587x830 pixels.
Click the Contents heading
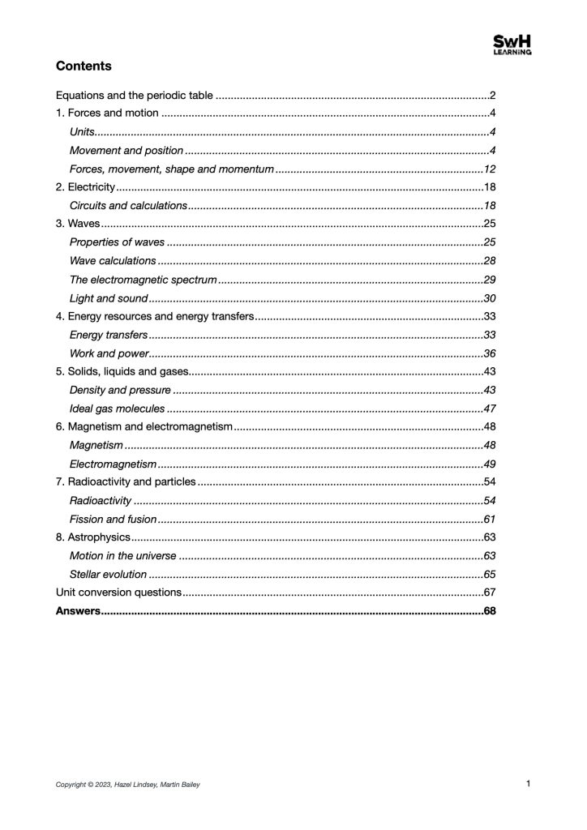84,66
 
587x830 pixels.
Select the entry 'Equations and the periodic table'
134,96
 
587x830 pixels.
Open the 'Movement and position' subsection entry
126,151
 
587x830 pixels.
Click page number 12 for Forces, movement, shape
489,169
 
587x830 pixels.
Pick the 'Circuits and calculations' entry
129,206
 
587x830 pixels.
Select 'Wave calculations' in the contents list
113,261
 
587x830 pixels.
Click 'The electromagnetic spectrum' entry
143,280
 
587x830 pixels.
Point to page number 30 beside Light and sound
489,298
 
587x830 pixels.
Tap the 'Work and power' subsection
109,353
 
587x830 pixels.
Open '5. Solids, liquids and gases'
122,371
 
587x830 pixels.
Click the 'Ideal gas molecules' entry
117,409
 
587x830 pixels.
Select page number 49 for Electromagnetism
489,464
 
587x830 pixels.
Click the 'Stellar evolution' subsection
108,574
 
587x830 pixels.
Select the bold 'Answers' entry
78,610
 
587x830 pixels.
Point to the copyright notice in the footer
127,785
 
